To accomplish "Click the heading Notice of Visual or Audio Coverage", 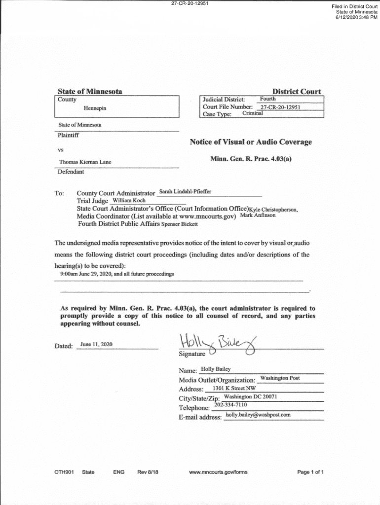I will pyautogui.click(x=251, y=142).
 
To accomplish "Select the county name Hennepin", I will pyautogui.click(x=95, y=108).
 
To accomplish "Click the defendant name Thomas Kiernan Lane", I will pyautogui.click(x=85, y=162).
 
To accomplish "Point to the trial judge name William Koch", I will pyautogui.click(x=129, y=201).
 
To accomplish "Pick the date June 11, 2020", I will pyautogui.click(x=96, y=344).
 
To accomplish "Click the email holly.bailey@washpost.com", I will pyautogui.click(x=258, y=415).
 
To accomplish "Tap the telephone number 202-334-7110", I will pyautogui.click(x=231, y=405).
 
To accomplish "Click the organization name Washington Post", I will pyautogui.click(x=280, y=378).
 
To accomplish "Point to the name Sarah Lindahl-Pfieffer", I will pyautogui.click(x=186, y=191).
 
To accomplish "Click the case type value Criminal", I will pyautogui.click(x=253, y=113).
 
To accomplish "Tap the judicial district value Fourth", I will pyautogui.click(x=267, y=99).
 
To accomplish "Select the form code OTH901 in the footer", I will pyautogui.click(x=64, y=472).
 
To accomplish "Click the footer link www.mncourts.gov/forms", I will pyautogui.click(x=218, y=472).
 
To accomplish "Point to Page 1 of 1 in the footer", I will pyautogui.click(x=310, y=472).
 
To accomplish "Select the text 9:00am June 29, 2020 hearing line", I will pyautogui.click(x=116, y=274).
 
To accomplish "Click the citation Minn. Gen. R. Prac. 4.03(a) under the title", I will pyautogui.click(x=251, y=159).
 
